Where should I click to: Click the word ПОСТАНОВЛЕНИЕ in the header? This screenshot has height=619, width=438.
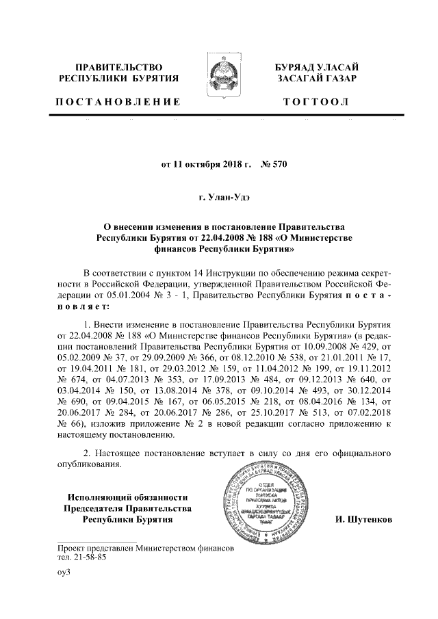click(118, 102)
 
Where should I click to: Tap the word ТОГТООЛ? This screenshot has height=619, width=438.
click(315, 102)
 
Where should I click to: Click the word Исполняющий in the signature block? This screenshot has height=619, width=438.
click(94, 497)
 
